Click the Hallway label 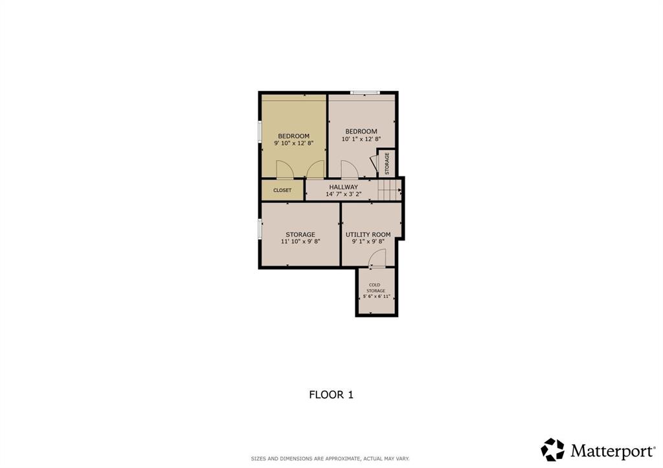point(343,187)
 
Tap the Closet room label point(282,190)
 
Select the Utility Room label point(368,234)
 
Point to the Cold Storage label point(375,288)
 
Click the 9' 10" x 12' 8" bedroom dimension point(293,143)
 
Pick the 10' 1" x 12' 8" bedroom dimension point(361,138)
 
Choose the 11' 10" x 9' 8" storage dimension point(300,241)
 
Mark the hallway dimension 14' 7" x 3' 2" point(343,194)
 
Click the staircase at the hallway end point(389,190)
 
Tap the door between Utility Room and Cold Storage point(377,259)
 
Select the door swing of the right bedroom point(349,169)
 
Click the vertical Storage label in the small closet point(387,164)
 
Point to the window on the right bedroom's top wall point(365,92)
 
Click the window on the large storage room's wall point(260,229)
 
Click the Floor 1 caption point(331,394)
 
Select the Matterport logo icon point(553,449)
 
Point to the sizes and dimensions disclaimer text point(330,459)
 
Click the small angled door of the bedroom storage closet point(373,163)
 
